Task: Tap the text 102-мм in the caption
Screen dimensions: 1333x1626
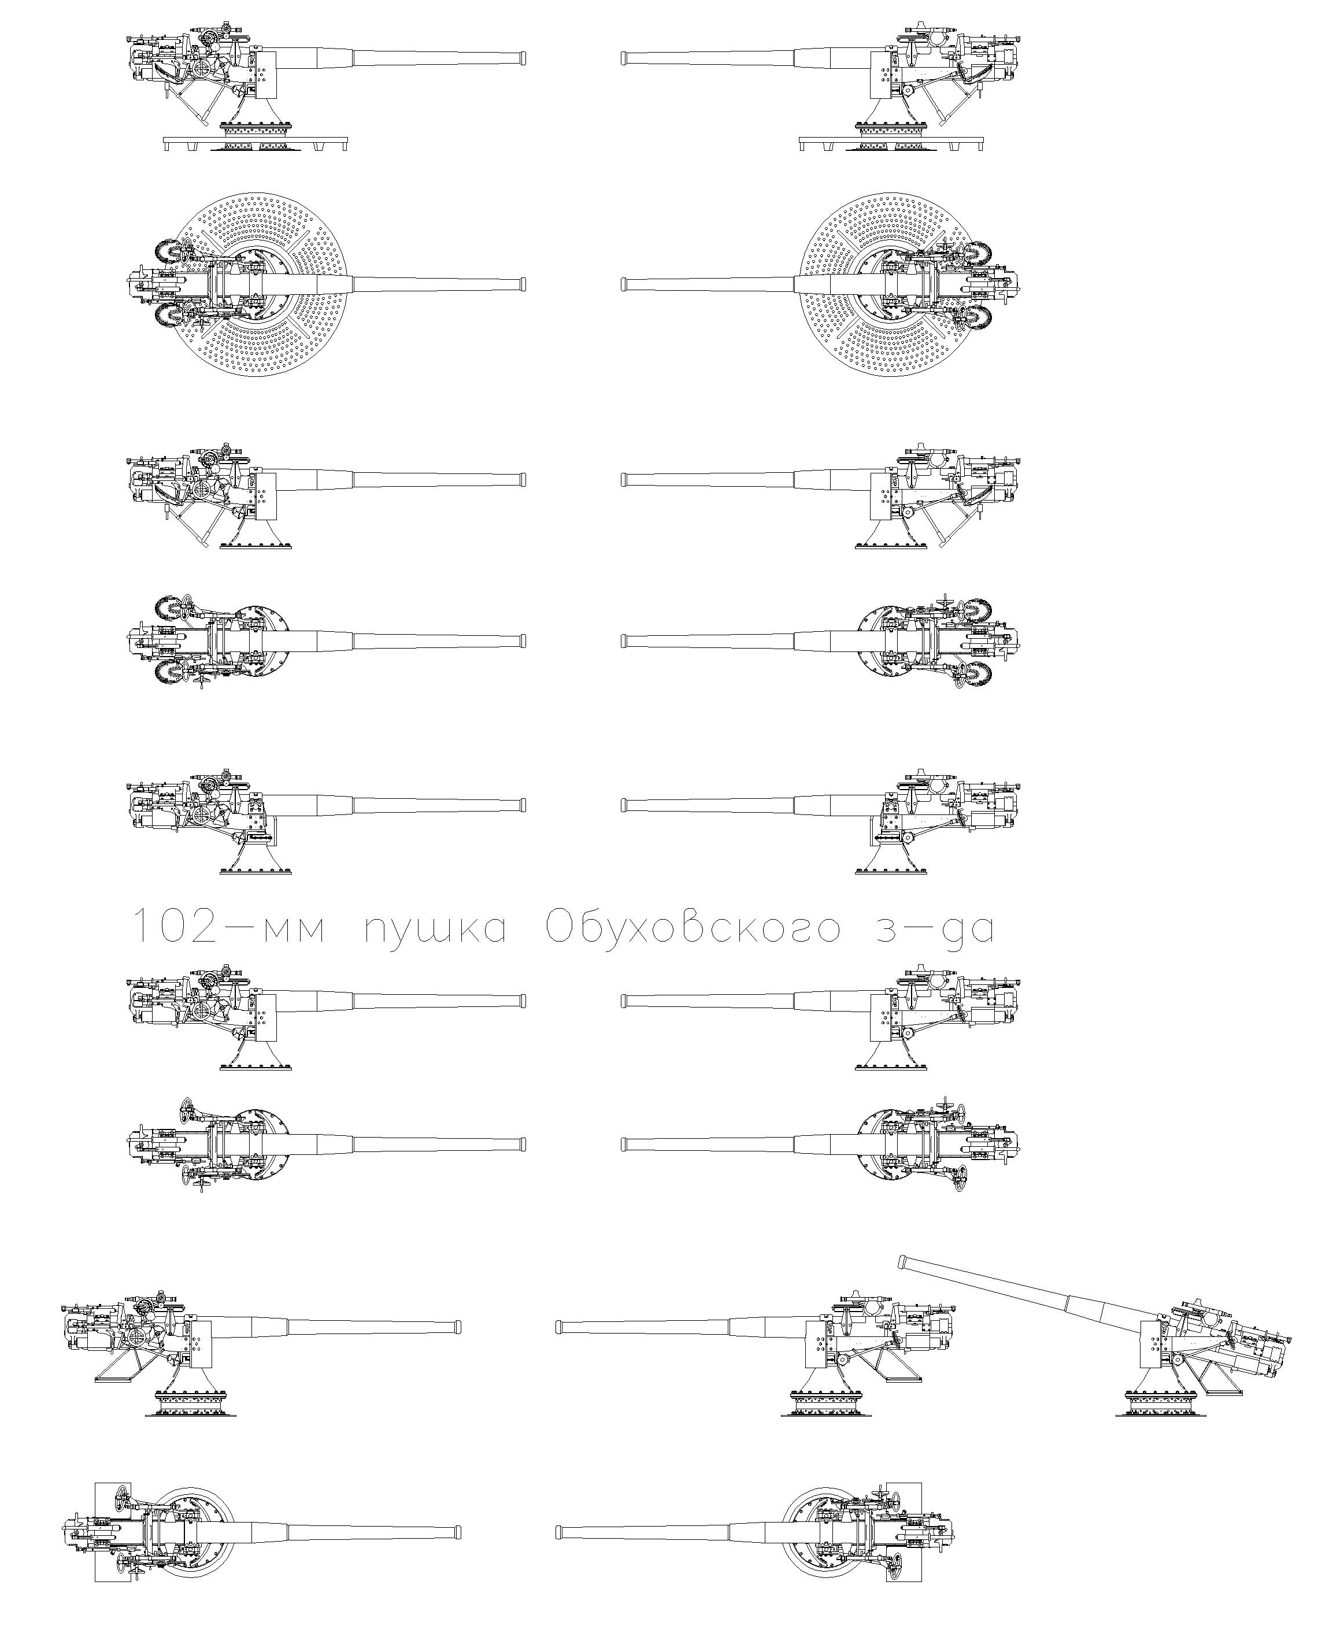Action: point(231,926)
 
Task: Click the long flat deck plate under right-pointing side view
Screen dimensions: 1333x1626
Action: point(256,143)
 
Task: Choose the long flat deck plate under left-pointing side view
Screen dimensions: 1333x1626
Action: point(891,143)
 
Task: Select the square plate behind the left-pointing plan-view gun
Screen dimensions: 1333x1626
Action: point(904,1532)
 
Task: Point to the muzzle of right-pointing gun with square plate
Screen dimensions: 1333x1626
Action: point(458,1532)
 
